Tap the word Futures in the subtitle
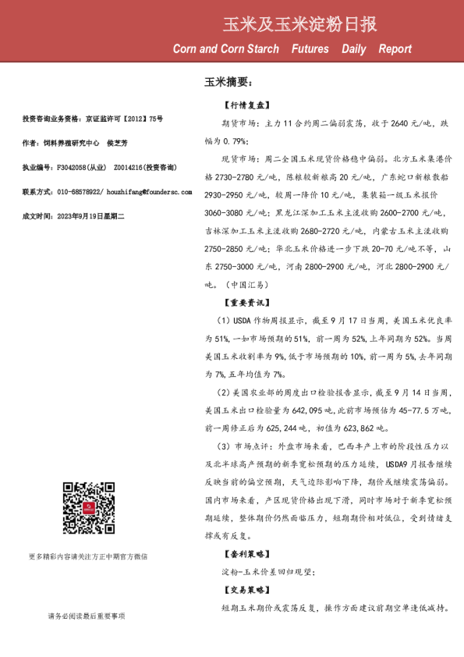click(310, 49)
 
